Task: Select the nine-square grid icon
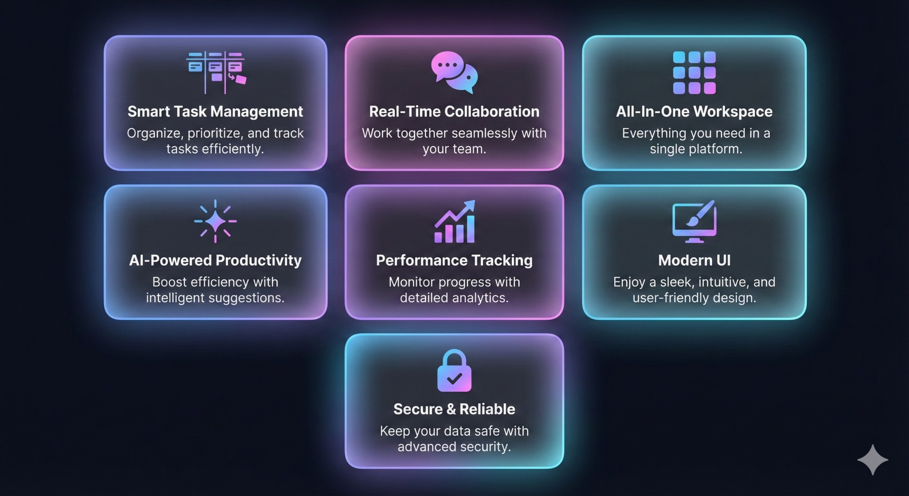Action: pos(694,72)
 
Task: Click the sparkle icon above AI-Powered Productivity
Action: pos(215,221)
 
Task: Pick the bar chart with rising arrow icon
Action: pos(454,221)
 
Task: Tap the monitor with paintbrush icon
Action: pos(694,221)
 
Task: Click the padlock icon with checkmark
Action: pos(454,371)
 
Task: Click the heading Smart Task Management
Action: pos(215,112)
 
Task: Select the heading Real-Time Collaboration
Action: pos(454,112)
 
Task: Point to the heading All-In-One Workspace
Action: pos(694,112)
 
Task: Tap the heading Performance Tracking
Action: pos(454,261)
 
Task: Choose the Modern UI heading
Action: pos(694,261)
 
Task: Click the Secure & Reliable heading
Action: pos(454,409)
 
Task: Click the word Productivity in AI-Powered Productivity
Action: pos(258,261)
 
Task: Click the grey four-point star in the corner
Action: pos(873,460)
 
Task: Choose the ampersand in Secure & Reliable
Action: pos(451,409)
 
